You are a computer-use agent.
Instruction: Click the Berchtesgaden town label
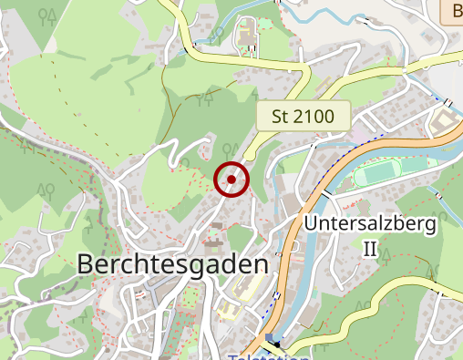click(x=173, y=263)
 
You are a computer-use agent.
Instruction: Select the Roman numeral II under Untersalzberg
click(x=369, y=249)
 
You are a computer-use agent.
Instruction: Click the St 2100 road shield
click(x=304, y=116)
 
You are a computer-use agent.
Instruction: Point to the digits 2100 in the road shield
click(x=315, y=116)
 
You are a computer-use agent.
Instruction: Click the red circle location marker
click(x=231, y=180)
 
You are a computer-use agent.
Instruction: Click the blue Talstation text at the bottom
click(x=269, y=356)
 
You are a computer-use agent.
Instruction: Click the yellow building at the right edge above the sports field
click(x=441, y=119)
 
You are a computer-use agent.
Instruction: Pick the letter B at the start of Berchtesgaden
click(x=87, y=263)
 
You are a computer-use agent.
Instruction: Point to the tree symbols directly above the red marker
click(x=231, y=149)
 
